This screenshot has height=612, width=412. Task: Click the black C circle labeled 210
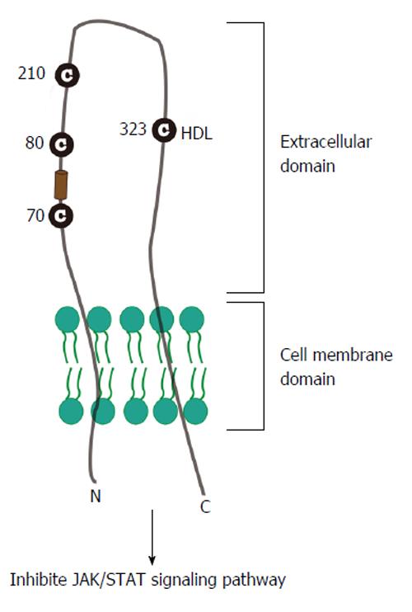coord(67,75)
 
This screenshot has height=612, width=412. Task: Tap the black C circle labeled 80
coord(62,144)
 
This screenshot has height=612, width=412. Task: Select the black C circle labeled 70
coord(61,215)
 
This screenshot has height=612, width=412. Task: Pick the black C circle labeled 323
coord(164,129)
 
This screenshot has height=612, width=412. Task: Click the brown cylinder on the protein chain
coord(60,185)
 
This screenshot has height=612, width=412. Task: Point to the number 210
coord(31,73)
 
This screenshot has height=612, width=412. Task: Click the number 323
coord(133,129)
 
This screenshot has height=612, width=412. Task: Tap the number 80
coord(35,143)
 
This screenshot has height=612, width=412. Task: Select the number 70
coord(35,215)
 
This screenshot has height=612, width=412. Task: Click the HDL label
coord(197,134)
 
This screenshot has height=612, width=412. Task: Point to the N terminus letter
coord(96,496)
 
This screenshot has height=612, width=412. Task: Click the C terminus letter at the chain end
coord(205,506)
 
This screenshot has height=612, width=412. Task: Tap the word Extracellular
coord(325,142)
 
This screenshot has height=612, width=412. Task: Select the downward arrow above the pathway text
coord(152,537)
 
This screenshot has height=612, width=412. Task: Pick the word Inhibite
coord(39,580)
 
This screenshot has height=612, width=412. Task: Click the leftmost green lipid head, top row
coord(67,319)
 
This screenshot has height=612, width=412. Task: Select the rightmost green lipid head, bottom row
coord(195,412)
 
